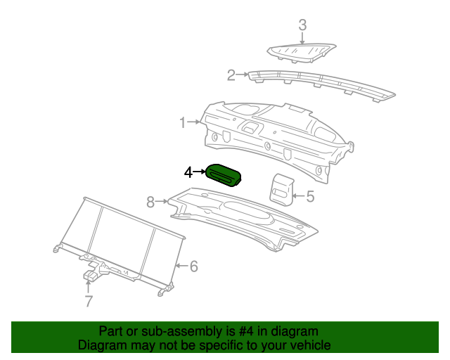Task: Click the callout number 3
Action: [302, 25]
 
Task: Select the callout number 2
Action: [231, 75]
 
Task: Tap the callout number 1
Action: [183, 122]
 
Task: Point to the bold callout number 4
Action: [188, 172]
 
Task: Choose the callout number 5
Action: [310, 196]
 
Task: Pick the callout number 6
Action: [194, 266]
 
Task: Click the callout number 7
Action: [89, 301]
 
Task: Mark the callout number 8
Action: [150, 202]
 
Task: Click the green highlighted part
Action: [224, 175]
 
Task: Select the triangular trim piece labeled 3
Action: [302, 52]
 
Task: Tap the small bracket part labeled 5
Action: [281, 190]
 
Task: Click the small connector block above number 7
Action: [91, 275]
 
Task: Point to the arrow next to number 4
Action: [200, 172]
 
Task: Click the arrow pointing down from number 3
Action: [302, 39]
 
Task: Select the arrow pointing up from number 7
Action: [89, 287]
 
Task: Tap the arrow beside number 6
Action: [182, 266]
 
